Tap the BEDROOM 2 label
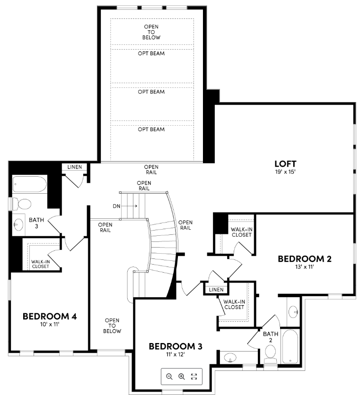click(304, 258)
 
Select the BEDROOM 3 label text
click(176, 346)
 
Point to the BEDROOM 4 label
click(50, 316)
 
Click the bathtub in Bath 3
click(29, 184)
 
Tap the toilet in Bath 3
click(22, 204)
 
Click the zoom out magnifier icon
click(169, 376)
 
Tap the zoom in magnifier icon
click(181, 376)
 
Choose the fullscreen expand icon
click(193, 376)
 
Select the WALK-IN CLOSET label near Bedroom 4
click(40, 264)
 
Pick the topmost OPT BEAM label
click(151, 53)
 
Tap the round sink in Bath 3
click(19, 224)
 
